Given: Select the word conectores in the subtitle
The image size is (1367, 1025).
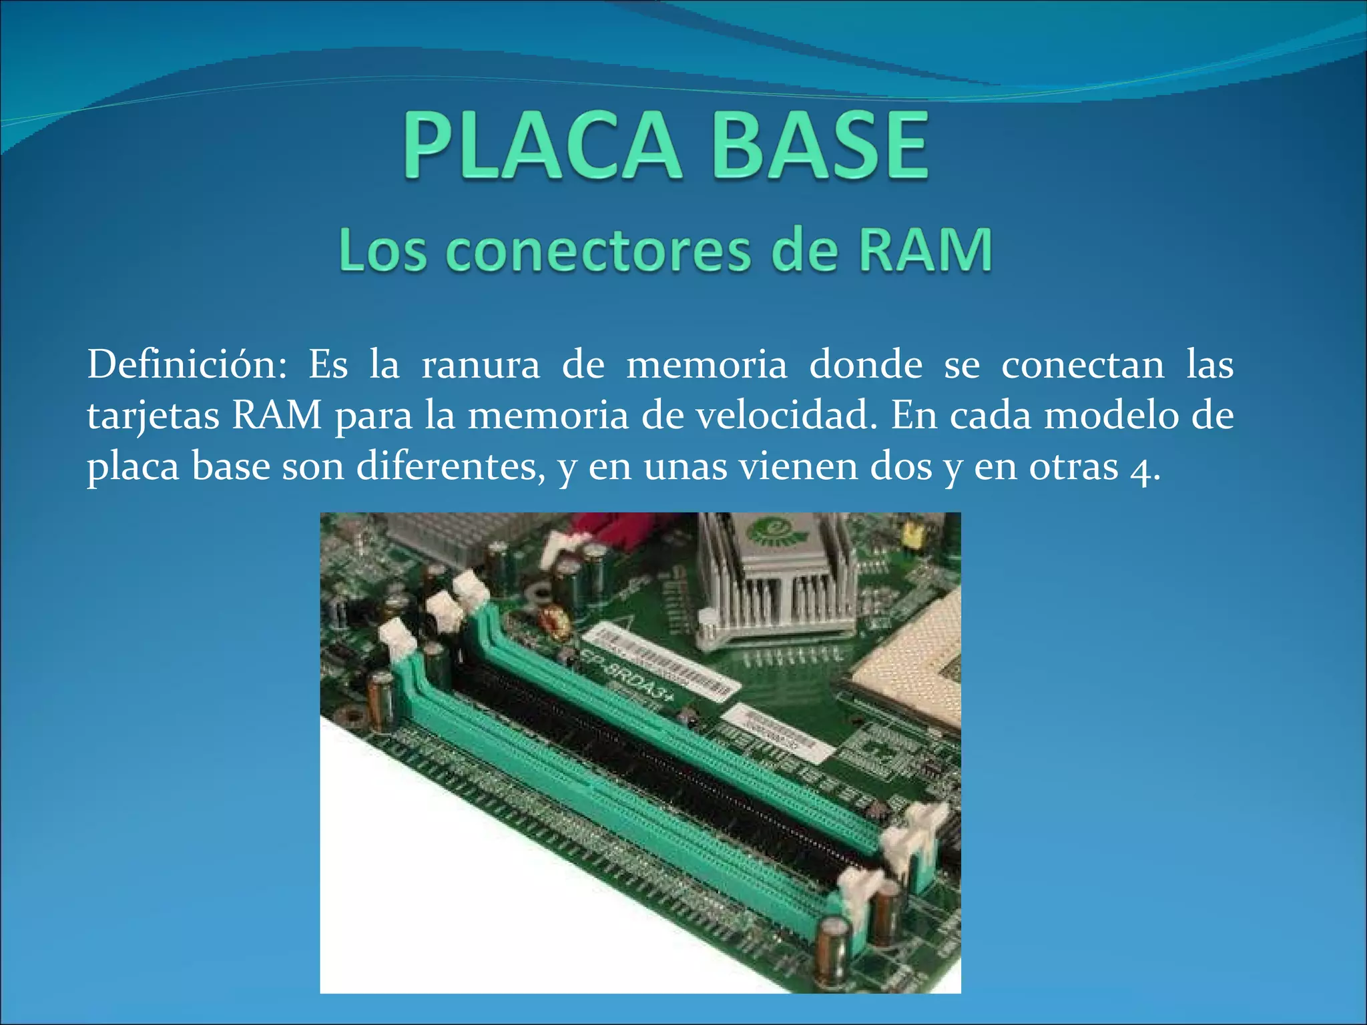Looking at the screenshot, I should coord(598,252).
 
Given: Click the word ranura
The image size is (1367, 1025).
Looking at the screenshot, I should coord(481,366).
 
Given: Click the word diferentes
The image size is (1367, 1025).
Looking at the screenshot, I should coord(451,466).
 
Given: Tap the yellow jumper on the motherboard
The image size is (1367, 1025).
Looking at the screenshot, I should coord(909,534).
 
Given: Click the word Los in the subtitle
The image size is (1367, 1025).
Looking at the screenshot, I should coord(382,252).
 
